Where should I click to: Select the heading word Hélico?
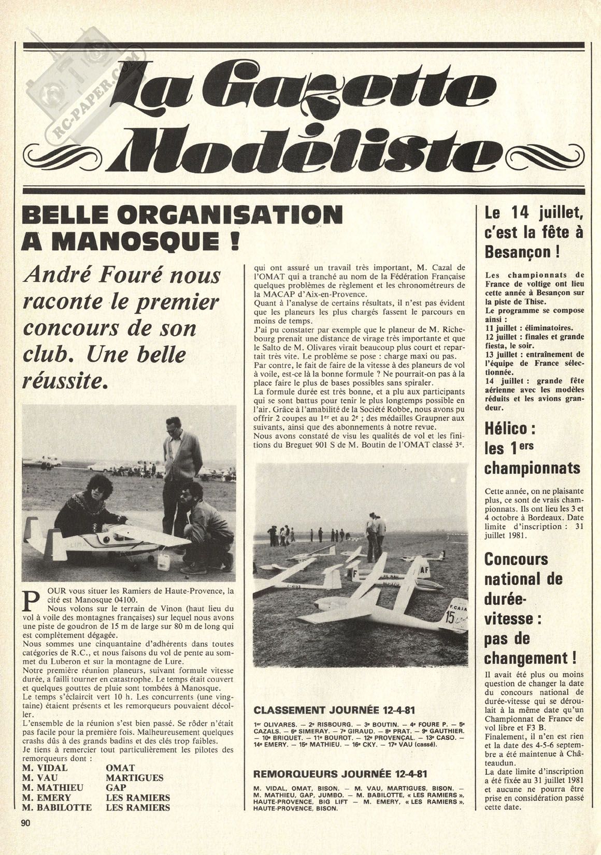click(507, 428)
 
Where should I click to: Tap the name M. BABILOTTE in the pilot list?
click(57, 807)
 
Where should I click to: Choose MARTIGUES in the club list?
click(134, 777)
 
